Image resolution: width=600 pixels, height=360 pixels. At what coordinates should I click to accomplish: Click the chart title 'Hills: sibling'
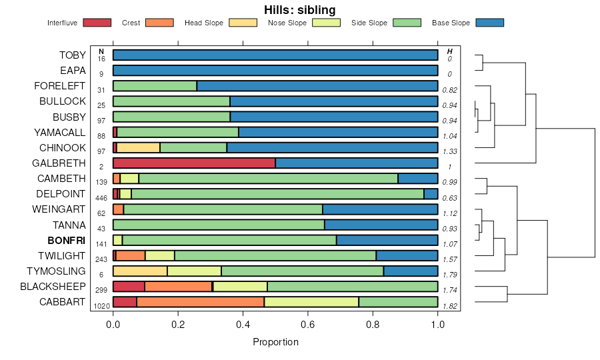(x=299, y=9)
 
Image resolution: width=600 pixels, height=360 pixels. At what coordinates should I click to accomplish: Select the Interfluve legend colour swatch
(x=97, y=23)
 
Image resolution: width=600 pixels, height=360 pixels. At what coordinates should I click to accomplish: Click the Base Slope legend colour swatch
(x=490, y=23)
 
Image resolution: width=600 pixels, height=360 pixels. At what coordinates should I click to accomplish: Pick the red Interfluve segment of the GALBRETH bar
(x=194, y=163)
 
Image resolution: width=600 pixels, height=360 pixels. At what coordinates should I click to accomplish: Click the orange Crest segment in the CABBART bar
(x=200, y=302)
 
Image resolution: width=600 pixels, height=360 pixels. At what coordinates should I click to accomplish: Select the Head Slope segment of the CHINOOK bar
(x=138, y=148)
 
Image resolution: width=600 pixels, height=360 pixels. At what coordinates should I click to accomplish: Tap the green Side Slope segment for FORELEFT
(x=155, y=86)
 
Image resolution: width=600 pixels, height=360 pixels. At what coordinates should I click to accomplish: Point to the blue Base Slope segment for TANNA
(x=381, y=225)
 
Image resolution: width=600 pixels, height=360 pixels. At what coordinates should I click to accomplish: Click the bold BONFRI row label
(x=67, y=241)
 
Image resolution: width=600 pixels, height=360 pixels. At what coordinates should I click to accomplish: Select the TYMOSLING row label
(x=56, y=271)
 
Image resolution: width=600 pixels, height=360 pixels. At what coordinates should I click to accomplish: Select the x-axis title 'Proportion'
(x=275, y=342)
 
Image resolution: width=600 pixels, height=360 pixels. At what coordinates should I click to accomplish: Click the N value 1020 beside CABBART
(x=101, y=306)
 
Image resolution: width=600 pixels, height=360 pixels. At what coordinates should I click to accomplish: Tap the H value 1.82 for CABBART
(x=450, y=306)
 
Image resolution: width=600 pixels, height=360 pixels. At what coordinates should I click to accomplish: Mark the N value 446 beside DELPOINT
(x=101, y=198)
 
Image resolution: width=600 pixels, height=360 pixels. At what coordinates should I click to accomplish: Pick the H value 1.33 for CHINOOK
(x=450, y=151)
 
